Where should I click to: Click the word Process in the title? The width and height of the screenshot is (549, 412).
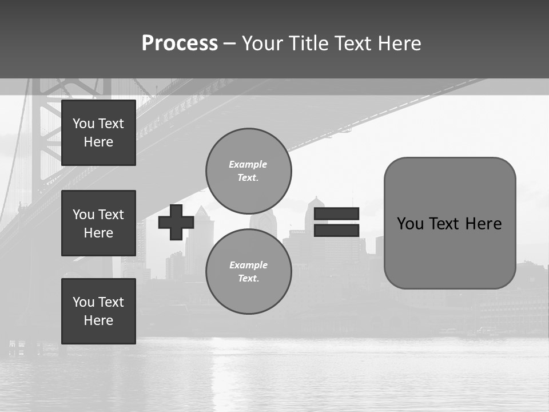point(180,43)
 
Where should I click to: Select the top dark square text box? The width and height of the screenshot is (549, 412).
point(98,133)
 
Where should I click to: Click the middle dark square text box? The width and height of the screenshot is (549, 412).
point(98,223)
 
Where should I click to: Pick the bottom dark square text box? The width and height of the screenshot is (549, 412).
point(98,311)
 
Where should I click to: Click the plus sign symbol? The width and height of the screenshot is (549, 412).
point(176,223)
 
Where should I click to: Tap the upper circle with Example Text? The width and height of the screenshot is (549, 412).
point(249,171)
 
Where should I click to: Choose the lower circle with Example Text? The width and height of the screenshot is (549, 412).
point(249,271)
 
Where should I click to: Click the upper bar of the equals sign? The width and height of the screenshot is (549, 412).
point(336,214)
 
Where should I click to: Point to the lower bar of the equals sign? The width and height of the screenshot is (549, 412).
point(336,230)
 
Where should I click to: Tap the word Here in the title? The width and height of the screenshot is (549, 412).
point(398,43)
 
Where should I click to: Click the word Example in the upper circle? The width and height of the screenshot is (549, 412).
point(248,164)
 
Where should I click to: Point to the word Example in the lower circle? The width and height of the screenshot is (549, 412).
point(248,265)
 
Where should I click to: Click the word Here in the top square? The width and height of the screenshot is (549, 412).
point(98,142)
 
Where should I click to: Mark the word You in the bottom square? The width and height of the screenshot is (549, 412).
point(83,302)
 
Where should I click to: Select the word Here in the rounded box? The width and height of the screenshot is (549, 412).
point(483,224)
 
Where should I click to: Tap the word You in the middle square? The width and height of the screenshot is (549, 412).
point(83,215)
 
